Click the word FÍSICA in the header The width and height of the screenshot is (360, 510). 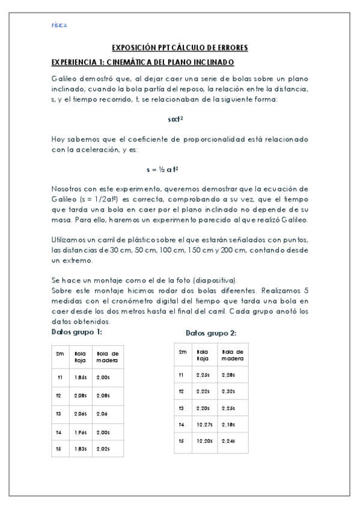[x=59, y=26]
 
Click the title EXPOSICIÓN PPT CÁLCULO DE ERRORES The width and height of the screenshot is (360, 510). [x=180, y=48]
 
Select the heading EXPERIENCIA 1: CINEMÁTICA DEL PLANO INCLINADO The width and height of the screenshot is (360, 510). [x=142, y=63]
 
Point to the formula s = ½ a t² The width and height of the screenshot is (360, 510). [x=162, y=170]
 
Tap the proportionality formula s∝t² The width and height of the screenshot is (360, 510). [x=175, y=119]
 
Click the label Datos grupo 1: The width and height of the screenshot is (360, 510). [x=76, y=331]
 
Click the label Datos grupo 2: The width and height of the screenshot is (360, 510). [x=210, y=333]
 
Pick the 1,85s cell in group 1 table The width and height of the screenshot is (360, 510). [x=81, y=378]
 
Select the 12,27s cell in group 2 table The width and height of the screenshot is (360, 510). [x=204, y=425]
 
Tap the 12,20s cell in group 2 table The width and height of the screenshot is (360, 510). [x=204, y=441]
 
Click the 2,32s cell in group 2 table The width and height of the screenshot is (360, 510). [x=228, y=391]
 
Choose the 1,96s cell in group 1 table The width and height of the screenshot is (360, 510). [x=81, y=432]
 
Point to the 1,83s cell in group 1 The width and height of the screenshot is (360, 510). [x=81, y=448]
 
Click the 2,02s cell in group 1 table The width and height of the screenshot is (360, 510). [x=103, y=448]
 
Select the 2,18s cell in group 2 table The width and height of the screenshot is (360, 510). [x=228, y=425]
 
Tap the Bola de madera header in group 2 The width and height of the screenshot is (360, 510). [x=232, y=354]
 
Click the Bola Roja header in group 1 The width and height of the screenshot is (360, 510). [x=80, y=356]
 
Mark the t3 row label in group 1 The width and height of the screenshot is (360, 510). [x=59, y=414]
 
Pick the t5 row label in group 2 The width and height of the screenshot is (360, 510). [x=181, y=441]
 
